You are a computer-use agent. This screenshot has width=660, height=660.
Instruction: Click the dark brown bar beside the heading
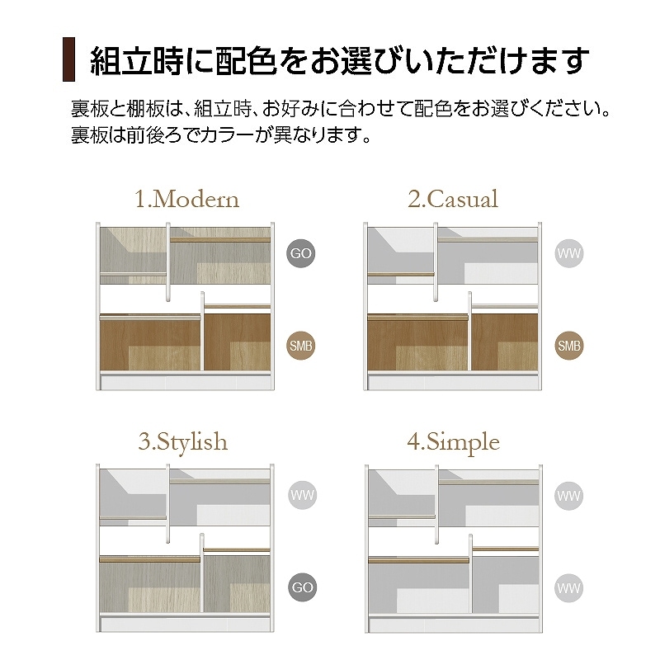[x=68, y=59]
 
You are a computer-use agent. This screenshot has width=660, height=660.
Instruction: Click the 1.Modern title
[x=187, y=199]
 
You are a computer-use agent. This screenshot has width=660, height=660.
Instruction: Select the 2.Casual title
[x=453, y=199]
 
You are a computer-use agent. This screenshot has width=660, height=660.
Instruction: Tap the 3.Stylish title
[x=183, y=442]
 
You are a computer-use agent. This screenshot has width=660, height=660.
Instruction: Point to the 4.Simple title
[x=453, y=442]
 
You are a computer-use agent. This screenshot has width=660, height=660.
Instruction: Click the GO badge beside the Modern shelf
[x=301, y=253]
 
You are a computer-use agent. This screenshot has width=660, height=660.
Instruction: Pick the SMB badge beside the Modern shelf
[x=301, y=346]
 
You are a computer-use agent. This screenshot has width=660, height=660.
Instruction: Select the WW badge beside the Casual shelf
[x=569, y=253]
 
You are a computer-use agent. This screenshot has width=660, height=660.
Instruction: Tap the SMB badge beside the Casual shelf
[x=569, y=346]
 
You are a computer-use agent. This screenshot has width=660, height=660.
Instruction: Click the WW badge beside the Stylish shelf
[x=302, y=495]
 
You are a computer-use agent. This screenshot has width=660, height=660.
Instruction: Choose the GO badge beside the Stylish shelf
[x=302, y=587]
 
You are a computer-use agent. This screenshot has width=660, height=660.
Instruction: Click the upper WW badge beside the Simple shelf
[x=568, y=496]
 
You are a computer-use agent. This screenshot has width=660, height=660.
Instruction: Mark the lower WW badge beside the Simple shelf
[x=568, y=588]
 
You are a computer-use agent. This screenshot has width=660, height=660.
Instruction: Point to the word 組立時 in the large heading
[x=137, y=60]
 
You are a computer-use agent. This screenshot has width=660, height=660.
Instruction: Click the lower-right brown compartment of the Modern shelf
[x=238, y=342]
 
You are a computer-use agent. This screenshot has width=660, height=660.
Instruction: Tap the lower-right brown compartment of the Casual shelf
[x=505, y=342]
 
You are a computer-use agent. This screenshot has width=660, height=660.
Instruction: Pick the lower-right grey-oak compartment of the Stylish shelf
[x=237, y=584]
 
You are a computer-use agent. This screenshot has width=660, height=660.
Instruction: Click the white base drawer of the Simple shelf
[x=454, y=625]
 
